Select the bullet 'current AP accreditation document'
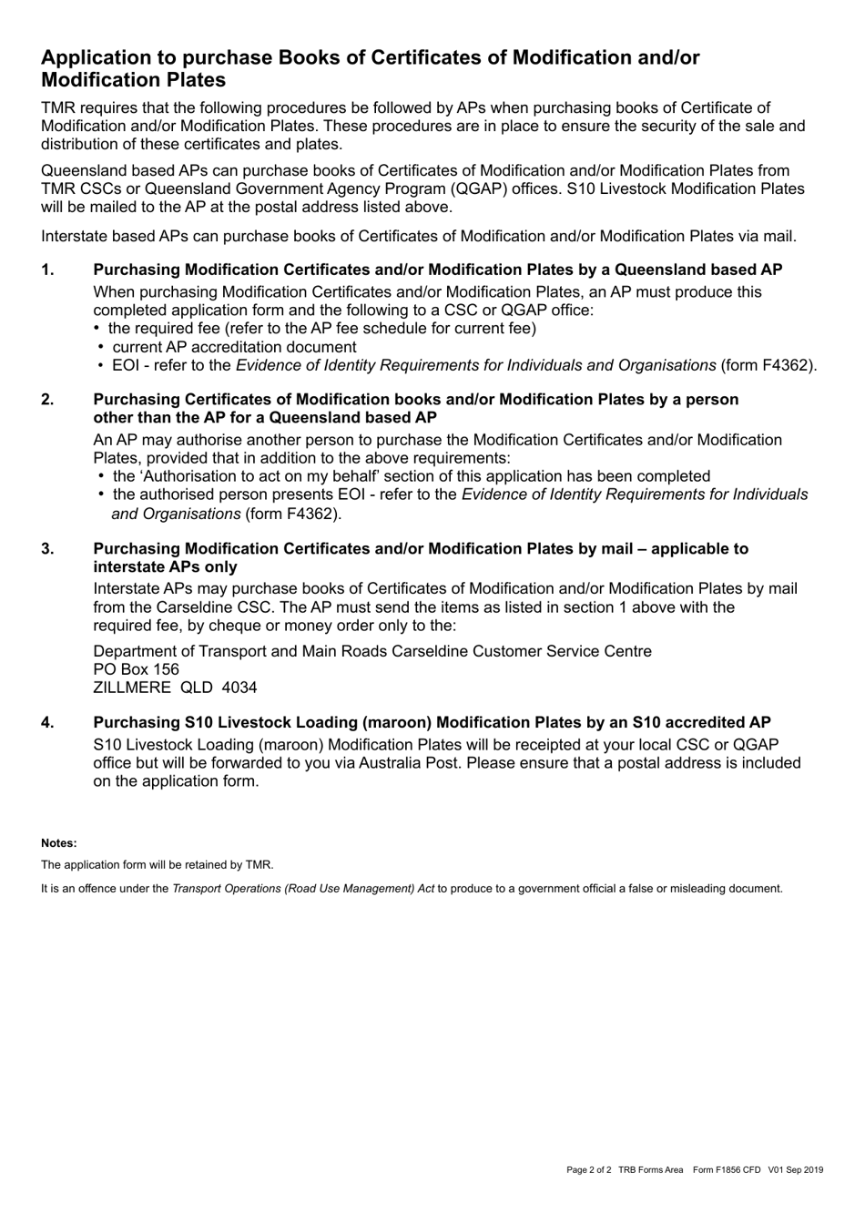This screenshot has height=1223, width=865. (234, 347)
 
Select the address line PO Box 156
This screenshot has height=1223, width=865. (136, 669)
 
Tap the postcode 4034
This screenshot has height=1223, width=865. (239, 688)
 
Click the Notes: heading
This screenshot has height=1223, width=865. (59, 843)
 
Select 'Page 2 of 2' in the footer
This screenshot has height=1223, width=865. (588, 1170)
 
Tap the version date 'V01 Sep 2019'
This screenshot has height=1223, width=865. (795, 1170)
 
